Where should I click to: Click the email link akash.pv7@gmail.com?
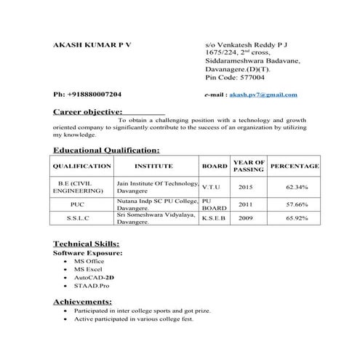click(x=263, y=95)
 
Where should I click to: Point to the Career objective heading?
click(x=87, y=113)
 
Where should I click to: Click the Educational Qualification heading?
click(x=106, y=150)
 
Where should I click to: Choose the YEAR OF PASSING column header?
click(x=248, y=167)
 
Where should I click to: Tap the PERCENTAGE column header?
click(x=295, y=167)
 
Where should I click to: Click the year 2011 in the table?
click(x=247, y=204)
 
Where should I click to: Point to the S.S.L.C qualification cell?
click(x=81, y=217)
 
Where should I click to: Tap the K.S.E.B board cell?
click(x=215, y=217)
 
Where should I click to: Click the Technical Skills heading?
click(x=87, y=244)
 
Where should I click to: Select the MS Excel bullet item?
click(x=89, y=269)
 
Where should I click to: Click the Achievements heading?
click(x=82, y=301)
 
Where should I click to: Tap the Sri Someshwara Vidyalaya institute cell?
click(x=156, y=217)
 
